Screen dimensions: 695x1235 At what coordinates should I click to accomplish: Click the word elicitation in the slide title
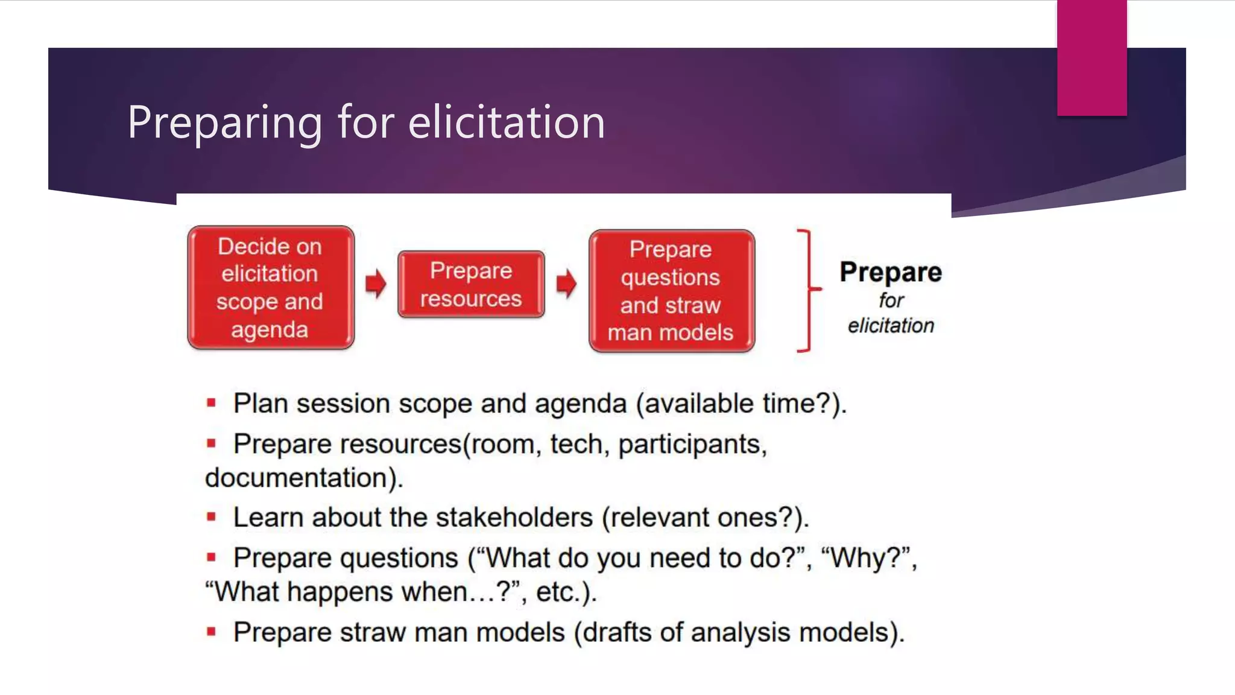click(x=507, y=122)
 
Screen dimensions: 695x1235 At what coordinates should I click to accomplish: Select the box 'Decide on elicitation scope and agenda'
click(x=270, y=288)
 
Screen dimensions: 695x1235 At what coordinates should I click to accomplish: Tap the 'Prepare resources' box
click(x=471, y=285)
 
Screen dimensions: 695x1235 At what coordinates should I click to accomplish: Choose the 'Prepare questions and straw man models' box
click(x=671, y=291)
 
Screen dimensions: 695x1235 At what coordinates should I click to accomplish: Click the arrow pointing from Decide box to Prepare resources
click(x=376, y=284)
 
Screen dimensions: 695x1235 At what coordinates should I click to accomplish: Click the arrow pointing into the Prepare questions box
click(x=566, y=284)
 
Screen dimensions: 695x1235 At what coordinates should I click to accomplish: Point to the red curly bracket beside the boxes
click(x=807, y=290)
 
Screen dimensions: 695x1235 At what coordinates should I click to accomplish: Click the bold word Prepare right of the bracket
click(x=891, y=272)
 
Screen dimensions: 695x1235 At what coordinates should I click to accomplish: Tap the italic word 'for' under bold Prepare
click(x=891, y=300)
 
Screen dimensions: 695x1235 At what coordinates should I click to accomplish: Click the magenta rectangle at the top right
click(x=1091, y=57)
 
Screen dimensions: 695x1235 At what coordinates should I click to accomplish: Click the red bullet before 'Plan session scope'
click(x=211, y=403)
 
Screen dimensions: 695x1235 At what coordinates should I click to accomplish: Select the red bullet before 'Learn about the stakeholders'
click(x=211, y=517)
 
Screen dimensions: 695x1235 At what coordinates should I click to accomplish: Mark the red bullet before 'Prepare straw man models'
click(x=211, y=632)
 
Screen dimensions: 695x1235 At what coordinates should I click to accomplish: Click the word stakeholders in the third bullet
click(x=514, y=518)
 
